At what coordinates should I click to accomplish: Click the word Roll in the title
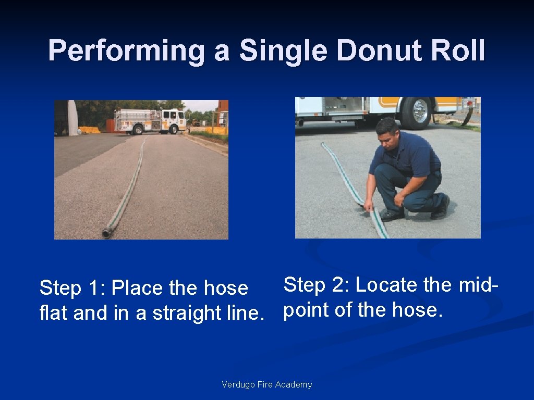(x=459, y=52)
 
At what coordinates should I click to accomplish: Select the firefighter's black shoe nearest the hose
(x=391, y=214)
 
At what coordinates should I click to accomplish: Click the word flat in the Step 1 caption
(x=55, y=313)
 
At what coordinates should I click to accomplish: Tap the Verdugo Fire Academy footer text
(x=267, y=385)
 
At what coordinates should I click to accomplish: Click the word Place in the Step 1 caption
(x=138, y=288)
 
